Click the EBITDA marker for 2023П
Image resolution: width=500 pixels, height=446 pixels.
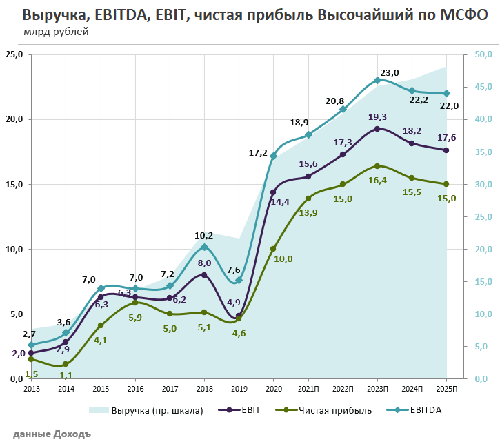click(x=377, y=80)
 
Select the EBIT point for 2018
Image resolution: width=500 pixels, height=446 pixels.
click(x=204, y=275)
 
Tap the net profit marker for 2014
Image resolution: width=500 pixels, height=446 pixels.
click(x=66, y=364)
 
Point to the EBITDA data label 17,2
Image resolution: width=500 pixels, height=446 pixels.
click(x=258, y=152)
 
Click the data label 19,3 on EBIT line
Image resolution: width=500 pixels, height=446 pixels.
click(x=378, y=117)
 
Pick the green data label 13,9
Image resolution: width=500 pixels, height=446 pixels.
click(x=308, y=213)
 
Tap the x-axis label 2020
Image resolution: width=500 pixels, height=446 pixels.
click(x=273, y=389)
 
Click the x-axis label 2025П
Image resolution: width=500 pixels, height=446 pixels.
click(x=446, y=389)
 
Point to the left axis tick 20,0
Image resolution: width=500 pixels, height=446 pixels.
click(x=13, y=119)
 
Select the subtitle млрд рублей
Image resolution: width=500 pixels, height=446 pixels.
click(x=57, y=32)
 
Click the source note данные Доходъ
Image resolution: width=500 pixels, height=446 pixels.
click(x=52, y=435)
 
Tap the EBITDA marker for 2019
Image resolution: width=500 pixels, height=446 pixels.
click(x=239, y=280)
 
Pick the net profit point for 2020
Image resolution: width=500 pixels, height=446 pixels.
click(x=273, y=249)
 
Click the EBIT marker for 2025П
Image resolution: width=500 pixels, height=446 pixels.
click(x=446, y=150)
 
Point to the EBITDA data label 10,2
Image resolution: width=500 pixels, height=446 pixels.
click(x=204, y=235)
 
